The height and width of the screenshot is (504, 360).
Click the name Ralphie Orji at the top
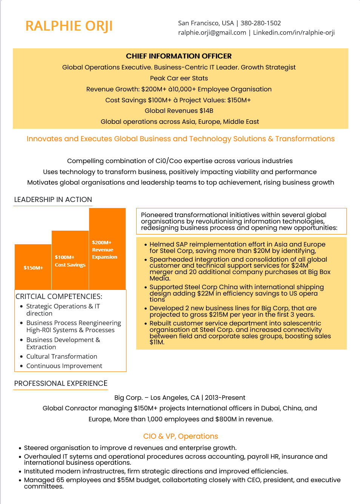69,26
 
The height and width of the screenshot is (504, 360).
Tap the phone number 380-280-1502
261,23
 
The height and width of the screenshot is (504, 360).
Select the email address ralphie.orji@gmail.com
212,32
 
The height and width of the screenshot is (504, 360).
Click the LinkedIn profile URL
294,32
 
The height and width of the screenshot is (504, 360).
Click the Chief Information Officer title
179,56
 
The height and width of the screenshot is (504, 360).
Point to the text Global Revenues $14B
179,111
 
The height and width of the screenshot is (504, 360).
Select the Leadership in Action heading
53,200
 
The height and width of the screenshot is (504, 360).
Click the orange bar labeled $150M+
33,267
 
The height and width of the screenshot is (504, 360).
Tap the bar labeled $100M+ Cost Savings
70,260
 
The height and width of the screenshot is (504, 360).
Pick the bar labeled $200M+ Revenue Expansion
107,249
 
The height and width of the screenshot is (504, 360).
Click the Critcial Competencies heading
59,296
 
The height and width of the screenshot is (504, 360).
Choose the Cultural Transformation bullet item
62,356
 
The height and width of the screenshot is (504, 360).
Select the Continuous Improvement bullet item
64,366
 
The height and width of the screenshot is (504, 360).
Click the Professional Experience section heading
61,384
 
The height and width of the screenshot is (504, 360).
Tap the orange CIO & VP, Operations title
180,436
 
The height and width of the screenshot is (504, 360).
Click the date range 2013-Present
225,398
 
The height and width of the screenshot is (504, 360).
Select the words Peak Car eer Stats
179,78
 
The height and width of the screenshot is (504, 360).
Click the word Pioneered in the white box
157,215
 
